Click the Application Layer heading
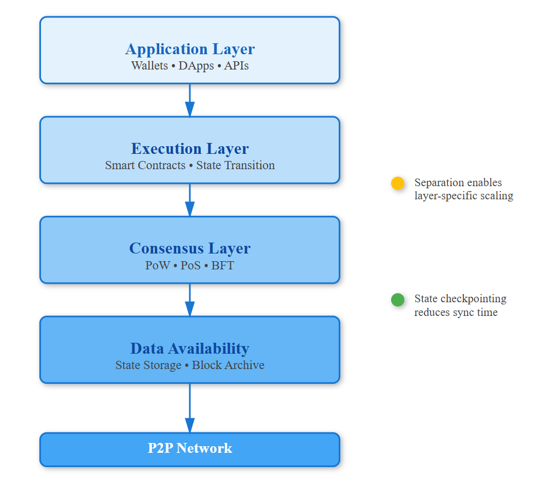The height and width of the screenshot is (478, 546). tap(190, 49)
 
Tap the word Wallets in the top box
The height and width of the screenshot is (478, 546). tap(149, 66)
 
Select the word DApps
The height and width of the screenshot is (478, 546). tap(196, 66)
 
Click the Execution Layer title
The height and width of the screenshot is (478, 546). tap(190, 149)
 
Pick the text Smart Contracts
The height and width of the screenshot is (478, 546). tap(145, 165)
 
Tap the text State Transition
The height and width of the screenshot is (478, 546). tap(235, 165)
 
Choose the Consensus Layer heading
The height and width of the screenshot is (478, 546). tap(190, 249)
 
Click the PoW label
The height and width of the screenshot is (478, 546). tap(158, 266)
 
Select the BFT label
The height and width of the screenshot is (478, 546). tap(223, 266)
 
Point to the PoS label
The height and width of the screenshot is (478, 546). tap(190, 266)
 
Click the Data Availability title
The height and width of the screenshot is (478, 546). tap(190, 349)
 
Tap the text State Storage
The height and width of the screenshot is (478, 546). tap(148, 365)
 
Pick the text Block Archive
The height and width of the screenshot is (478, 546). tap(228, 365)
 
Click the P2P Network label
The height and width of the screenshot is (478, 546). tap(190, 448)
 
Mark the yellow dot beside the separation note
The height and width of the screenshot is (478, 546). tap(398, 183)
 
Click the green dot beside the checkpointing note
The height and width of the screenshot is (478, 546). tap(398, 300)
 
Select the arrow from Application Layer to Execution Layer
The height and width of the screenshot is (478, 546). tap(190, 100)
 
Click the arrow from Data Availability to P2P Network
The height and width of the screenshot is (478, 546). tap(190, 408)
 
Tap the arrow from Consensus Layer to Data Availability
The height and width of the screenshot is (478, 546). tap(190, 300)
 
